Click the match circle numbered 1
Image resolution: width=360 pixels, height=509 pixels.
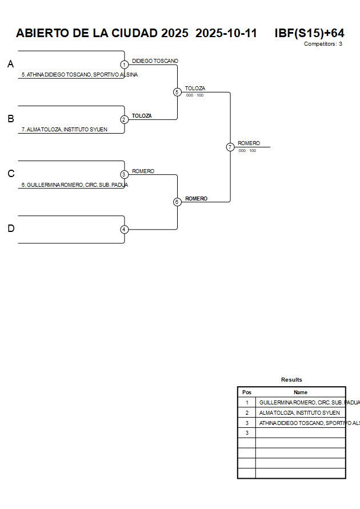click(x=125, y=65)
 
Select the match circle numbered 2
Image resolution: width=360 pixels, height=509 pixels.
click(x=125, y=119)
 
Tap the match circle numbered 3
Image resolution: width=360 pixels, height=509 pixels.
click(x=125, y=174)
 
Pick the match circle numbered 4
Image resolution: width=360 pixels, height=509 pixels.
click(x=125, y=230)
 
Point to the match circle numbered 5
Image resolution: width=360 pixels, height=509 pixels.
click(x=177, y=92)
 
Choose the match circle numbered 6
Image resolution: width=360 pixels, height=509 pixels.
click(x=177, y=202)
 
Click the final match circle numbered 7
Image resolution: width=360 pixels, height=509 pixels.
click(x=230, y=147)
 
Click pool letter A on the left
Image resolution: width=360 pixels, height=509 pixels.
click(x=10, y=65)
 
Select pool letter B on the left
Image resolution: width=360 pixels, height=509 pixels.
click(x=10, y=119)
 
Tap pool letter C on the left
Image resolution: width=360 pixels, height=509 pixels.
click(x=10, y=174)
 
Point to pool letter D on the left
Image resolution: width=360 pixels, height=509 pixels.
click(x=10, y=229)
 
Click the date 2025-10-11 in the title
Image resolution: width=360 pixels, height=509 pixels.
click(x=226, y=33)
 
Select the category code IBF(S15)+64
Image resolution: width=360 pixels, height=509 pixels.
click(x=309, y=33)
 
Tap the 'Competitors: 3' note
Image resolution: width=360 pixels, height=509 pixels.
click(x=323, y=44)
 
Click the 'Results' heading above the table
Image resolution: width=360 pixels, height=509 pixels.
click(x=291, y=380)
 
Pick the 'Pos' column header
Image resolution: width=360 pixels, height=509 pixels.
click(x=247, y=392)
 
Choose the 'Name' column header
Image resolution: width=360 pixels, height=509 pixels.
click(x=301, y=392)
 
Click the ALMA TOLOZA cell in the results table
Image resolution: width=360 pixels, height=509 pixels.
click(x=299, y=412)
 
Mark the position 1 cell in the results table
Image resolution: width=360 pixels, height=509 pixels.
click(x=247, y=402)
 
